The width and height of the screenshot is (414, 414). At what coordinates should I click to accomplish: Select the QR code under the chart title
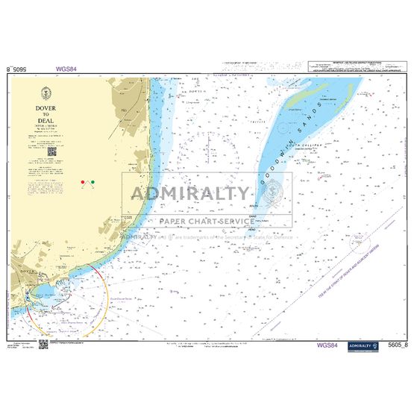tap(52, 151)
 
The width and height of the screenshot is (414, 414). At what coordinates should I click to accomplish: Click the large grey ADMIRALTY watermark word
tap(190, 194)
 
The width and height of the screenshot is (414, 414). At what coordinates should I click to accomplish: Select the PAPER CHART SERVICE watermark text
tap(206, 222)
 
